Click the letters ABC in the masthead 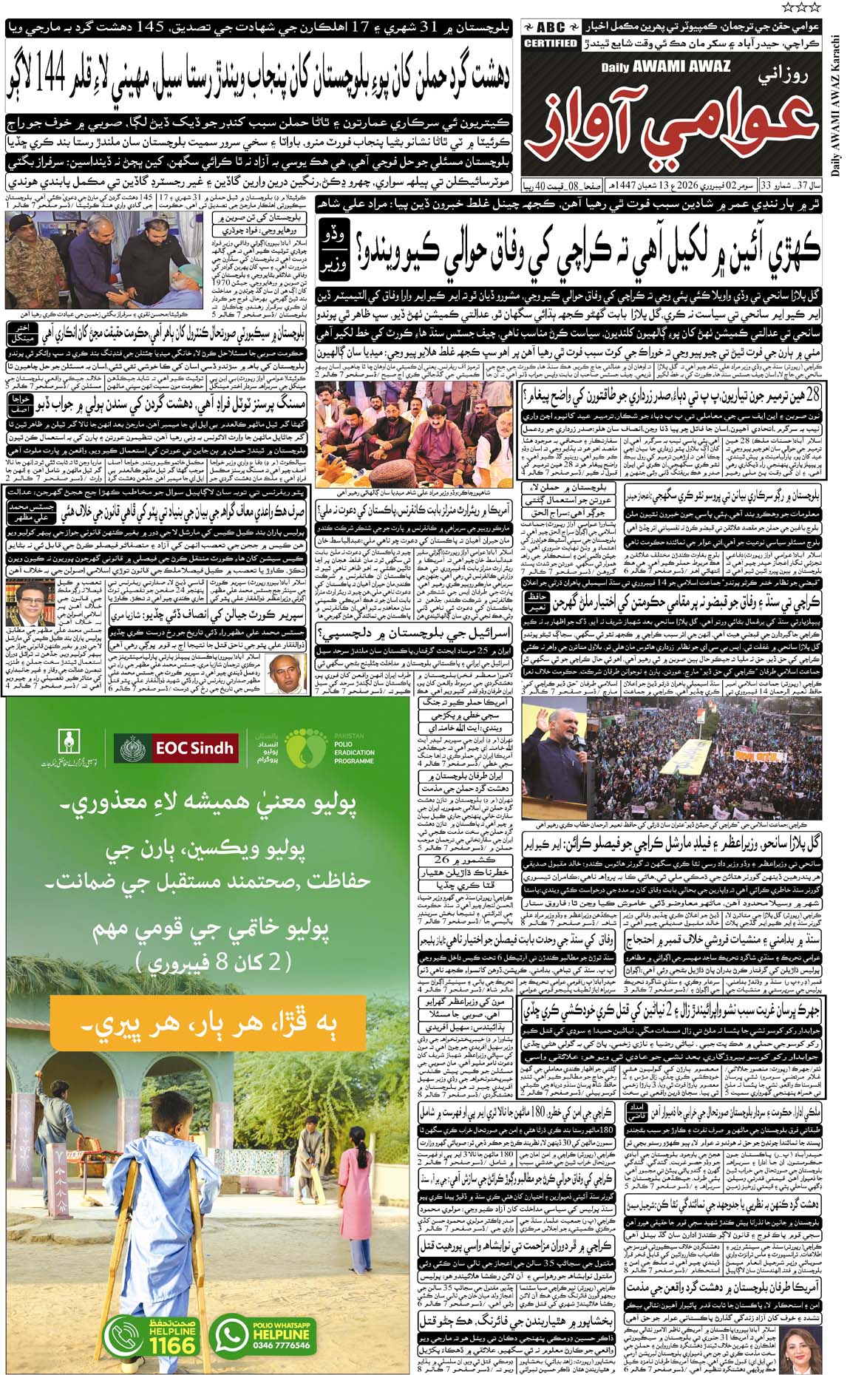[551, 27]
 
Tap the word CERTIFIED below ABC [551, 44]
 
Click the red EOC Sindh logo [177, 747]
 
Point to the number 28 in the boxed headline [809, 395]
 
